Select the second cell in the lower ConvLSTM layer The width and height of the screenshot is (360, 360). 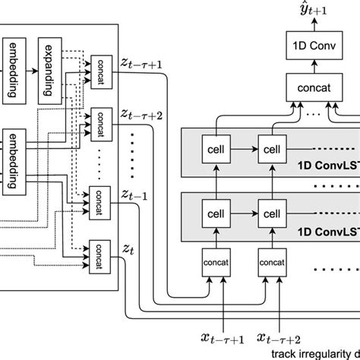point(271,207)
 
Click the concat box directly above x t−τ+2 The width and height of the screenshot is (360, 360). point(271,262)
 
